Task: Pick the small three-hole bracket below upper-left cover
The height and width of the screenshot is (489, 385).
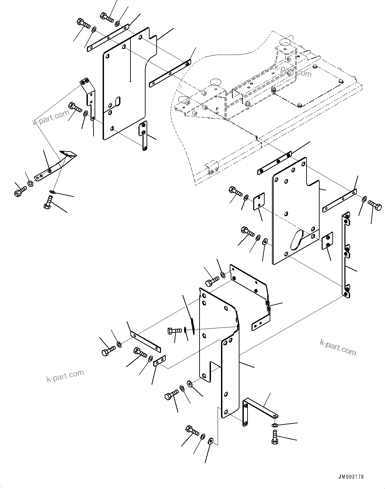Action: pyautogui.click(x=143, y=136)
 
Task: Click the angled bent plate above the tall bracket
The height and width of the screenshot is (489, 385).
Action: pyautogui.click(x=252, y=288)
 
